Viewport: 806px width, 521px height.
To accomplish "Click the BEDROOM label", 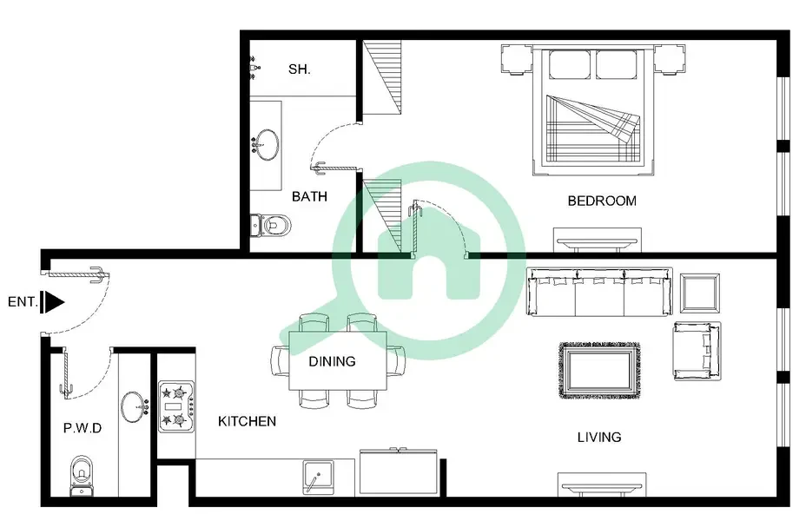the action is point(602,201).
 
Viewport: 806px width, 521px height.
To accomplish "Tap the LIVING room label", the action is point(599,438).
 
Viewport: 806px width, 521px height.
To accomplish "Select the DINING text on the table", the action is point(332,362).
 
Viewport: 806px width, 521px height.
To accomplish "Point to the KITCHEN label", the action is point(248,421).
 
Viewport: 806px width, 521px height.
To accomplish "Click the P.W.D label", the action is point(83,428).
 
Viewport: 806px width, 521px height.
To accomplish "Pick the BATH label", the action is point(309,196).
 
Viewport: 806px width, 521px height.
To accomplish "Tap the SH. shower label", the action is point(299,69).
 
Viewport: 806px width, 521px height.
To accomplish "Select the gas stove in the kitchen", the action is point(176,406).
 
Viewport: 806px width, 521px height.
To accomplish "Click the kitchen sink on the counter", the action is point(318,478).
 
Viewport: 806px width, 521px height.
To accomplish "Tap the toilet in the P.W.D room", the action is point(82,476).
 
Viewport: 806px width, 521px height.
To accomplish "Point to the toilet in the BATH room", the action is point(271,225).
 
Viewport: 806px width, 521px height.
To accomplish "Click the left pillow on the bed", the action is point(570,65).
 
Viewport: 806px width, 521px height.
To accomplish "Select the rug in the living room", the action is point(599,371).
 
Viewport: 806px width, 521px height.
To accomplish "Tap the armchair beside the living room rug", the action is point(697,352).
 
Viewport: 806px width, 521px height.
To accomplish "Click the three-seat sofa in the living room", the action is point(599,292).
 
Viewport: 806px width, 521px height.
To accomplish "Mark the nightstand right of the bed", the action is point(670,60).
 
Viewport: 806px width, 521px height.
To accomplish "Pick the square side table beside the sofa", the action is point(699,293).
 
